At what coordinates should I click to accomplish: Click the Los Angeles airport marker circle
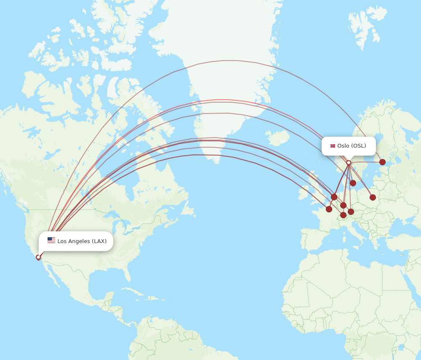[38, 257]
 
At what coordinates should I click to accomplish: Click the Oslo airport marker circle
[349, 162]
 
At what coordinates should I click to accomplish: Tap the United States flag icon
[51, 240]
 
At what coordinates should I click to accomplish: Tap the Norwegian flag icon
[333, 146]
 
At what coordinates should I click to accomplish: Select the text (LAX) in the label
[99, 241]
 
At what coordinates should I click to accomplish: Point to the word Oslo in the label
[343, 146]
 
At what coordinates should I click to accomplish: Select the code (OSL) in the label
[359, 146]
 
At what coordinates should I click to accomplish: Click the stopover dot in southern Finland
[382, 162]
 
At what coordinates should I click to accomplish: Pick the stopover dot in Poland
[373, 197]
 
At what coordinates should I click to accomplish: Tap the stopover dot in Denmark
[353, 183]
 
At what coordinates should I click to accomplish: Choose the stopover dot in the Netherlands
[334, 197]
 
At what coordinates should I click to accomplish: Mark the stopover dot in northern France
[329, 209]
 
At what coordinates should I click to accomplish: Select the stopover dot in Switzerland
[343, 215]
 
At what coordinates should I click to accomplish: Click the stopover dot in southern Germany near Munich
[351, 212]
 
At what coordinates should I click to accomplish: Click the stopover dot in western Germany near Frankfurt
[343, 205]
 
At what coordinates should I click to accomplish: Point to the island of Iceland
[277, 137]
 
